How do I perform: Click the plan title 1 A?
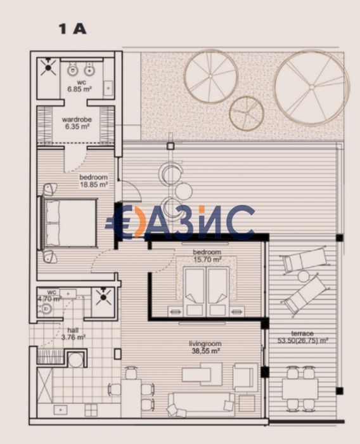click(x=72, y=29)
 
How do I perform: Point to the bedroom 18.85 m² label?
click(x=93, y=181)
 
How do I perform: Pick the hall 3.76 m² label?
click(x=72, y=334)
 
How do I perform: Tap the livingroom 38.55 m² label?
click(x=205, y=347)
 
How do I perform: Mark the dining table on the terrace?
click(x=301, y=387)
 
